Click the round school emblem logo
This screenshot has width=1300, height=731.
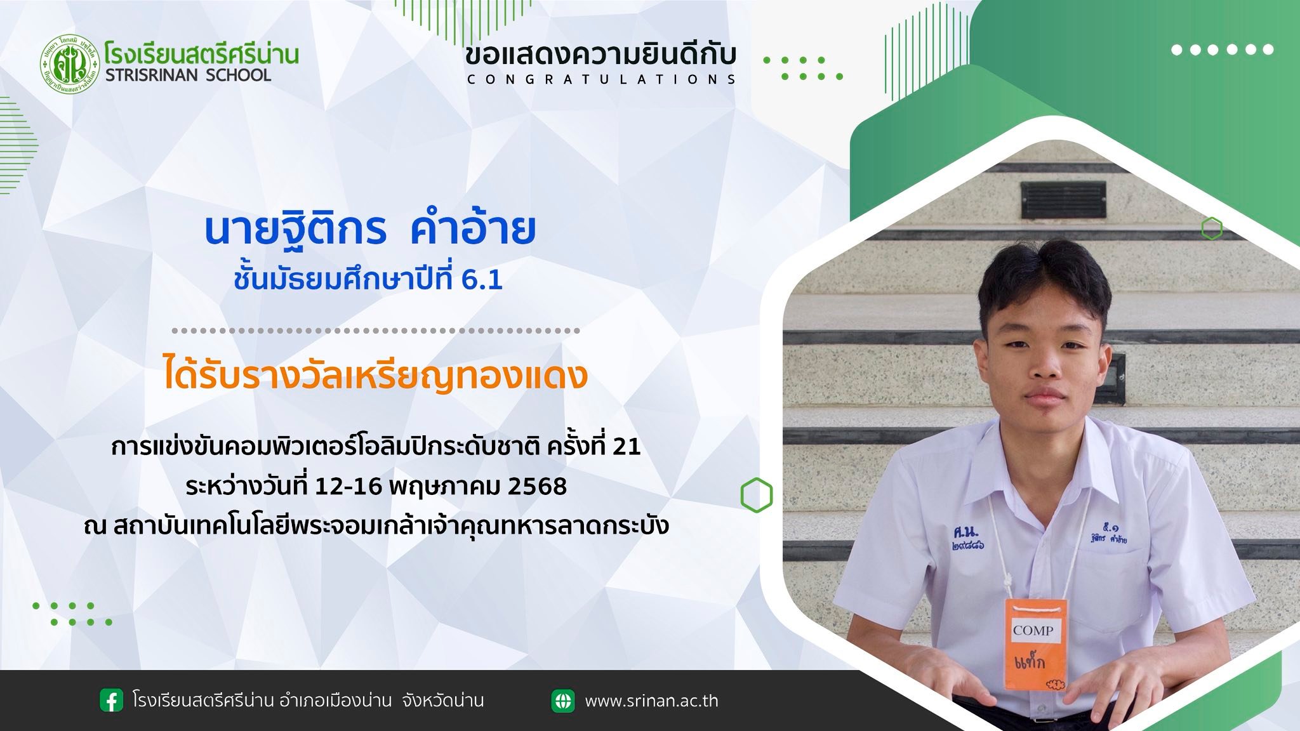[x=70, y=63]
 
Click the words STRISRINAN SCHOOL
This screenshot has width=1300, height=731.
[x=188, y=75]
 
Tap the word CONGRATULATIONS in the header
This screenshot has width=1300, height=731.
[x=601, y=79]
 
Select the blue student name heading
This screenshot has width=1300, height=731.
[x=371, y=229]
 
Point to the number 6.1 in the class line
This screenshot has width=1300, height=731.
[x=482, y=280]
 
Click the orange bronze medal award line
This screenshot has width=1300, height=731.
[x=375, y=376]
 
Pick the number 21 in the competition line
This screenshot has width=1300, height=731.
[x=627, y=447]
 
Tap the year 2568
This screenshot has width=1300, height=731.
[x=537, y=487]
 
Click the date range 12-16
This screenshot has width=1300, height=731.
[x=348, y=487]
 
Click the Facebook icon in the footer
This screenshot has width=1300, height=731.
[x=112, y=701]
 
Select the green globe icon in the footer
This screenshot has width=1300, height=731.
[x=563, y=701]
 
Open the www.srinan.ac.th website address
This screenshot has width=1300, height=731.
[x=651, y=701]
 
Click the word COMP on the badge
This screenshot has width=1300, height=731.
[x=1033, y=630]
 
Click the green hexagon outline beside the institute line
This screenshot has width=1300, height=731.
[x=757, y=494]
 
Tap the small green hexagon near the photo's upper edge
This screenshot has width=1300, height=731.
[x=1212, y=228]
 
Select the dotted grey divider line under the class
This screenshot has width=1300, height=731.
[x=376, y=331]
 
